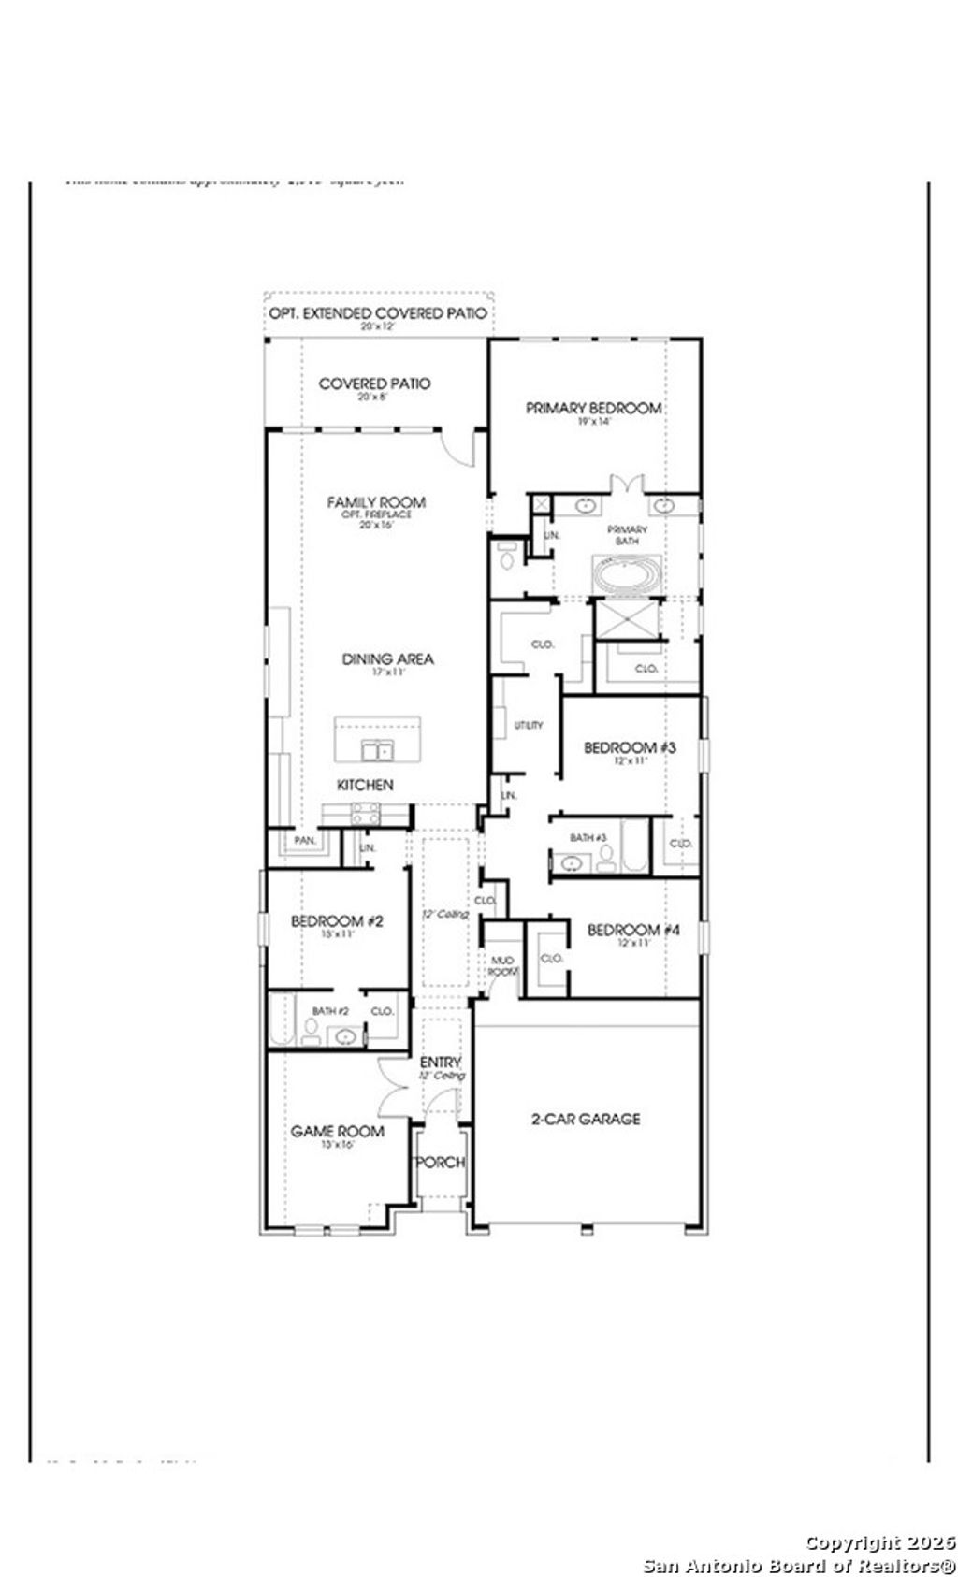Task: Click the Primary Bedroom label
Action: click(x=593, y=408)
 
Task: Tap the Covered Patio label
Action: click(x=374, y=383)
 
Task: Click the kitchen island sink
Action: click(x=378, y=749)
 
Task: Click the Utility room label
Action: click(x=529, y=725)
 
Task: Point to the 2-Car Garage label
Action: click(x=586, y=1118)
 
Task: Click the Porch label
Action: click(x=440, y=1162)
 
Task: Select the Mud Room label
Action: click(x=502, y=965)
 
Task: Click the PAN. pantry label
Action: click(x=305, y=841)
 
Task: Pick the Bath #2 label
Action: click(x=330, y=1011)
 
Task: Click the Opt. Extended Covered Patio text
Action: click(x=378, y=313)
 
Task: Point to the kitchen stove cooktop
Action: click(x=364, y=813)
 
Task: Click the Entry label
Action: click(x=440, y=1062)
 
